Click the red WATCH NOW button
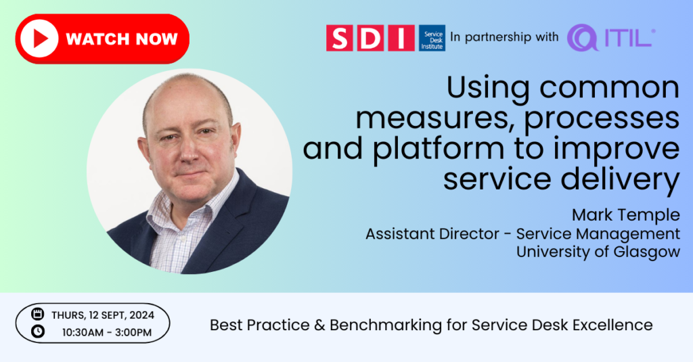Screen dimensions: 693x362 pyautogui.click(x=102, y=39)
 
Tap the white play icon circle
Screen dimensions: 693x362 pyautogui.click(x=39, y=39)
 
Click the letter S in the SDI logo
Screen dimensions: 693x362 pyautogui.click(x=340, y=38)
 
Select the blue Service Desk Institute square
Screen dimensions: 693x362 pyautogui.click(x=432, y=38)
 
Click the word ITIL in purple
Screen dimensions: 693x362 pyautogui.click(x=628, y=39)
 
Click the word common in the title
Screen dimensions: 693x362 pyautogui.click(x=609, y=87)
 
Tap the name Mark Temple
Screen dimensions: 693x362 pyautogui.click(x=626, y=215)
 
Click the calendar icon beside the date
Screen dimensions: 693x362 pyautogui.click(x=38, y=314)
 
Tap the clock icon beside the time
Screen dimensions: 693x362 pyautogui.click(x=38, y=331)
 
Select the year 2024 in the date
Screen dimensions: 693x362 pyautogui.click(x=141, y=315)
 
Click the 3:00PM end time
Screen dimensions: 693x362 pyautogui.click(x=133, y=332)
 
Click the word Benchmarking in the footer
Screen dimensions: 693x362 pyautogui.click(x=385, y=325)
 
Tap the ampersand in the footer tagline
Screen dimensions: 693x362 pyautogui.click(x=319, y=325)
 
